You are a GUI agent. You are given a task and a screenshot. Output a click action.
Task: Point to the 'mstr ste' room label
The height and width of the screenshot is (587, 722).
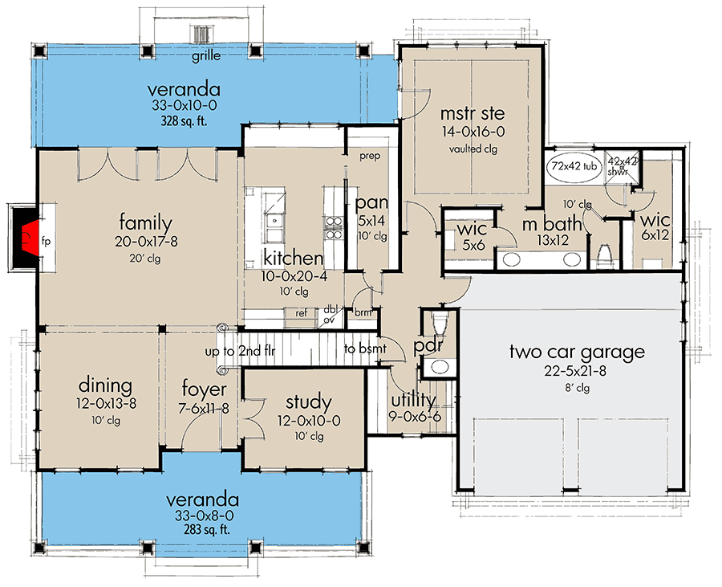(x=472, y=113)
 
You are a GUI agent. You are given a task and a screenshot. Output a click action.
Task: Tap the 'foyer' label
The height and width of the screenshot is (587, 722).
(x=205, y=393)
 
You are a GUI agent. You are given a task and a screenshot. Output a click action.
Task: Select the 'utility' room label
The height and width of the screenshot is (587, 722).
(x=412, y=399)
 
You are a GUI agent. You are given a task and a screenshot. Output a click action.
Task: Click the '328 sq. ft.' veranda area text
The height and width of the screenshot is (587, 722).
(x=183, y=121)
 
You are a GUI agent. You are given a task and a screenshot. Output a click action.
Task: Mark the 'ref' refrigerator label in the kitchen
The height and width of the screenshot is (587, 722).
(x=302, y=313)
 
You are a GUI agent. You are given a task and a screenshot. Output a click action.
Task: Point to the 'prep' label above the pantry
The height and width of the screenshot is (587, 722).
(x=369, y=155)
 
